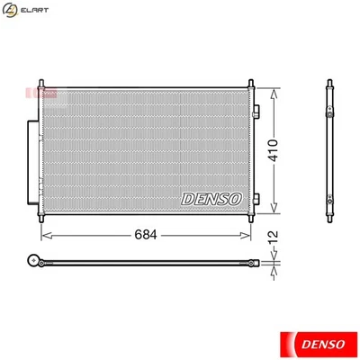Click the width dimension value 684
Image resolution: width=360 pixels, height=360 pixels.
point(146,235)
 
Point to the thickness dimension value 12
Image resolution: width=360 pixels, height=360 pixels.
point(272,235)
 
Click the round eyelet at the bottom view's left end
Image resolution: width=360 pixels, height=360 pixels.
point(34,263)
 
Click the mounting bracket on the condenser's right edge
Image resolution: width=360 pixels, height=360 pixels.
point(256,112)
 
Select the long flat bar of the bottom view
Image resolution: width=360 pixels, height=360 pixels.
point(144,263)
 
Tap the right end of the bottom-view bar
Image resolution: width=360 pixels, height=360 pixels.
point(256,263)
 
